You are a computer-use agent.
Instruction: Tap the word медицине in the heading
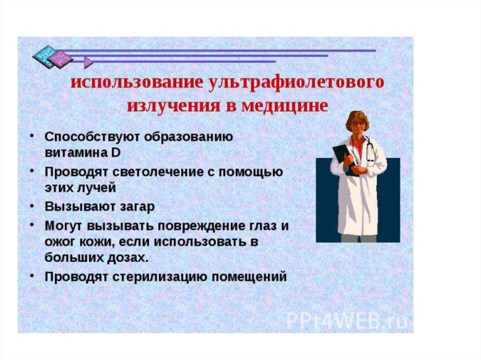coord(285,106)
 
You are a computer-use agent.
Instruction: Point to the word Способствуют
coord(93,137)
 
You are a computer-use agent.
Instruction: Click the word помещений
coord(249,277)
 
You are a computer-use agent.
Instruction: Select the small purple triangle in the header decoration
coord(88,62)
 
